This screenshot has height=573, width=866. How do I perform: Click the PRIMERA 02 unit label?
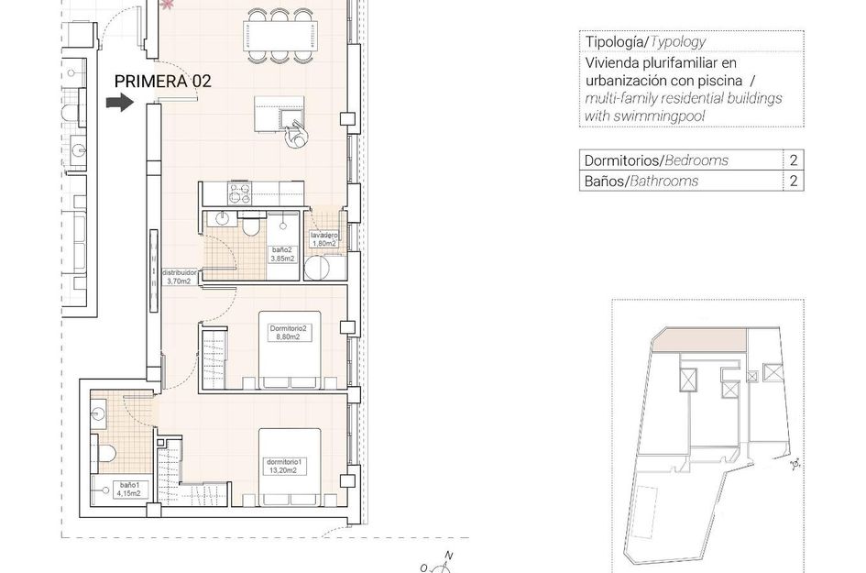162,81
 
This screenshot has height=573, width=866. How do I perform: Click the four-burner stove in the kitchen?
240,193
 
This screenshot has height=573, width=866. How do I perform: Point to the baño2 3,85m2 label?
281,254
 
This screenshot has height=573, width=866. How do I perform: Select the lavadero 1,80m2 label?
324,239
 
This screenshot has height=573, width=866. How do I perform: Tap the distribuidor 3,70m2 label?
177,277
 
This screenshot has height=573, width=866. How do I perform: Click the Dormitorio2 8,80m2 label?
285,332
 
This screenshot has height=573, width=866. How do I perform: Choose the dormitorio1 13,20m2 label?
281,466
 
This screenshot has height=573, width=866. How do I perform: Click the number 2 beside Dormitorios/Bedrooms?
792,160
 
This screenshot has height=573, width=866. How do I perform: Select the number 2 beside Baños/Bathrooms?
792,181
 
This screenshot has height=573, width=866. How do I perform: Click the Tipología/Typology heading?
645,42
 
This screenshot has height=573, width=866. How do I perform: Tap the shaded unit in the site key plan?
700,340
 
